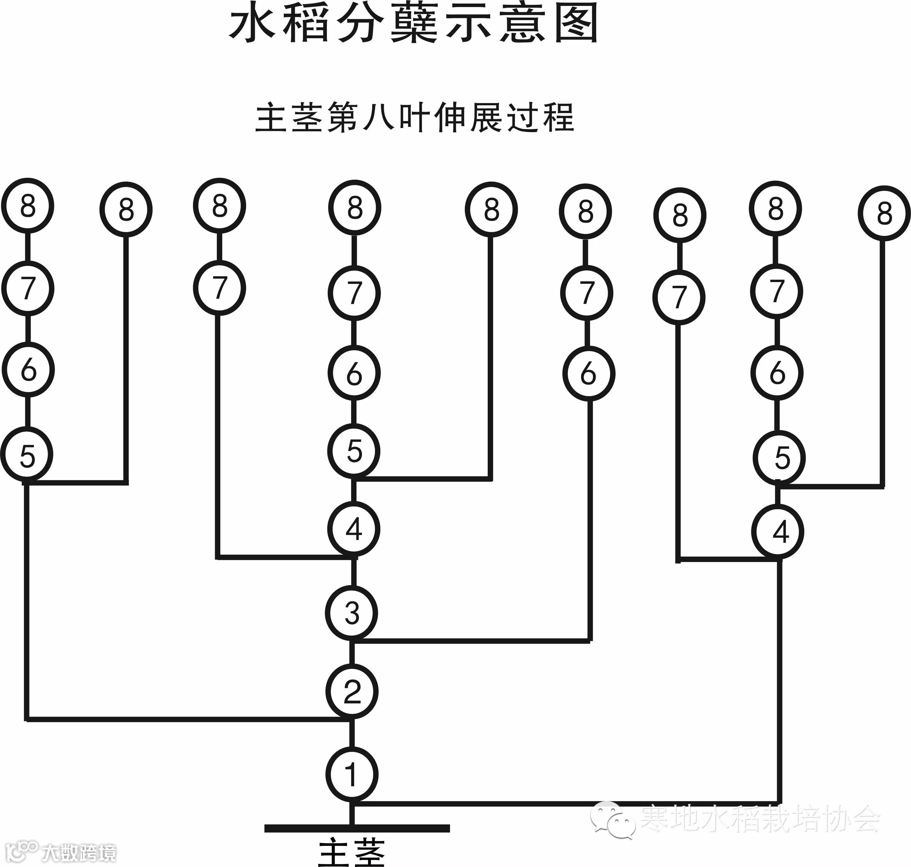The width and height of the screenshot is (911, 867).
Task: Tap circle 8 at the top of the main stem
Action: point(354,208)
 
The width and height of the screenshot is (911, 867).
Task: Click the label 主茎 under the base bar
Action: point(352,853)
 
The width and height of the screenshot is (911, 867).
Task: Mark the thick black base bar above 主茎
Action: point(357,828)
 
